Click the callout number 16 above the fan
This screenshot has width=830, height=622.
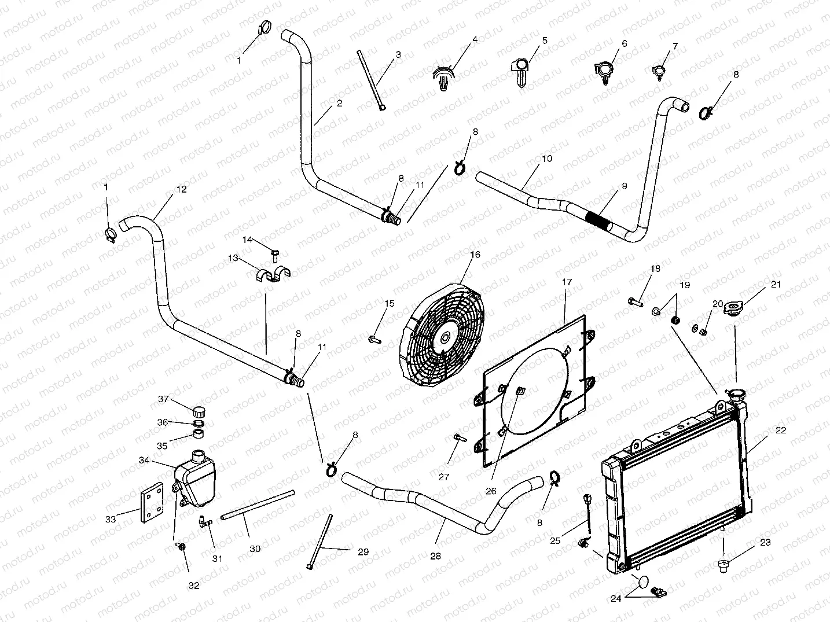(x=475, y=254)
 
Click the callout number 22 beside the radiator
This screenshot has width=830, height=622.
(x=781, y=430)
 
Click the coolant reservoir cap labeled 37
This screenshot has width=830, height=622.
(x=199, y=413)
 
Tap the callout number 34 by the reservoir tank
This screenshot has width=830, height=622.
(x=144, y=460)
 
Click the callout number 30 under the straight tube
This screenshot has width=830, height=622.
(x=255, y=549)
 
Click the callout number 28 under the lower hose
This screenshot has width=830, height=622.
(x=435, y=556)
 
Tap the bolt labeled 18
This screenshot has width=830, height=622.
(x=635, y=301)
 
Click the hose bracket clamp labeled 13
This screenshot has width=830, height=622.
(x=272, y=274)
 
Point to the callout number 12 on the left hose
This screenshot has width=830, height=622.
(x=181, y=189)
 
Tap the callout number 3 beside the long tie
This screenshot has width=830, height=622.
(x=398, y=55)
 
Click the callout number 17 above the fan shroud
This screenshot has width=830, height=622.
(x=567, y=282)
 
